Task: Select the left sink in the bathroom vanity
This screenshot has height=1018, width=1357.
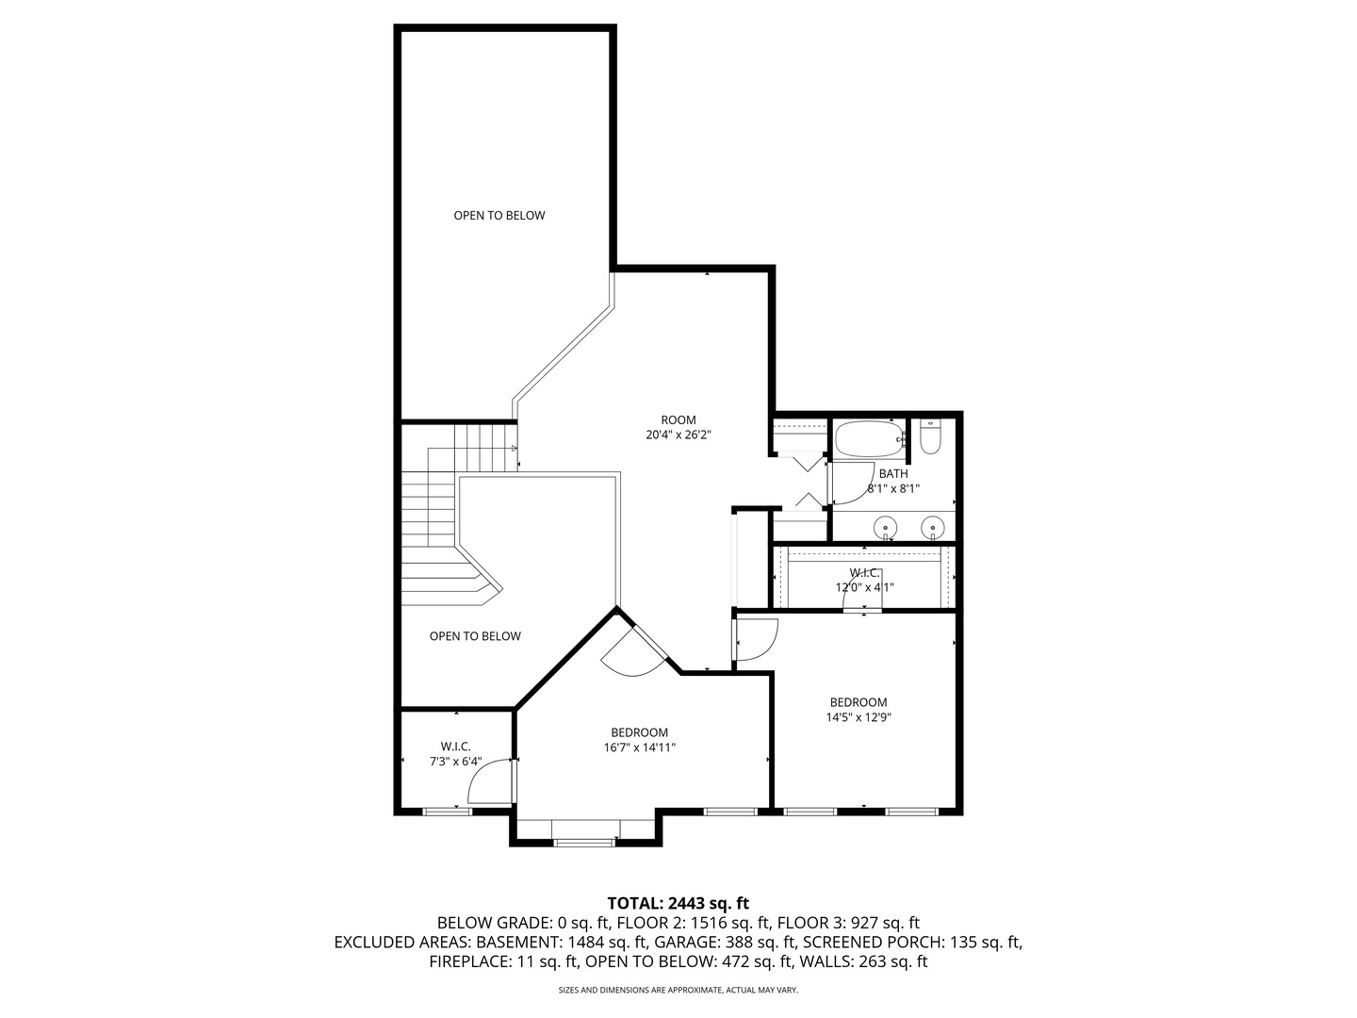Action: click(x=886, y=527)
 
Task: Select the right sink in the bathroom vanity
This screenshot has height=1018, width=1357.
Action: click(x=933, y=527)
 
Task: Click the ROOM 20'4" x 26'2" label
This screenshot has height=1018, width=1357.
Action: click(x=678, y=428)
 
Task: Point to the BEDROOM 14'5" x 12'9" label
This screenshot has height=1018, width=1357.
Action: click(x=858, y=709)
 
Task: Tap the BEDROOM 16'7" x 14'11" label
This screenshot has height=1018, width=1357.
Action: click(x=639, y=740)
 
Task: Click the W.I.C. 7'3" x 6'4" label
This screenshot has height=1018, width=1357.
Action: click(x=455, y=754)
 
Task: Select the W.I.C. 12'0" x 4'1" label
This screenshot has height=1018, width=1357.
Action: click(x=864, y=580)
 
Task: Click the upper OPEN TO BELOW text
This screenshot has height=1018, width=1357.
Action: click(x=499, y=215)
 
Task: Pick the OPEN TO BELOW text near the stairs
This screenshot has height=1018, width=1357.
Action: click(x=475, y=636)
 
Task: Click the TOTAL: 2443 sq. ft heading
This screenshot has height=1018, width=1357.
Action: click(x=678, y=903)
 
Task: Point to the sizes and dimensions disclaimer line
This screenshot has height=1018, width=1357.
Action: click(x=678, y=991)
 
